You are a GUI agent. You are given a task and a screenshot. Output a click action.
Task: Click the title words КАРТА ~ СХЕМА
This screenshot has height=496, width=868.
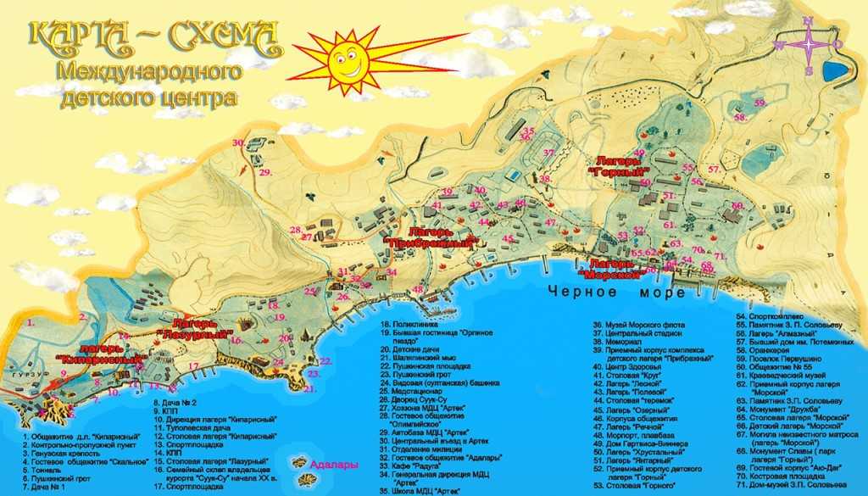click(x=153, y=36)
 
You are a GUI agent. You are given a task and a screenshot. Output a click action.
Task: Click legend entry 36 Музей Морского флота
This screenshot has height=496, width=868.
click(x=636, y=325)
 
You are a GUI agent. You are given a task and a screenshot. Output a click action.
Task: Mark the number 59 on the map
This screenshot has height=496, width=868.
click(x=759, y=103)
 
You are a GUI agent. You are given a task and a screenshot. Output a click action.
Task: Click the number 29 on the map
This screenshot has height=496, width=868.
click(x=265, y=172)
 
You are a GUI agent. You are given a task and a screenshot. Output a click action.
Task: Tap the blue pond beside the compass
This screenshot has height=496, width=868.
click(x=838, y=68)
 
